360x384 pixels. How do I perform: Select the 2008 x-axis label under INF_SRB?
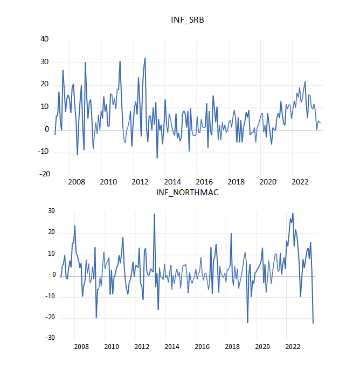(77, 182)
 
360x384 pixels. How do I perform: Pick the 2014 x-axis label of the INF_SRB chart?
(172, 182)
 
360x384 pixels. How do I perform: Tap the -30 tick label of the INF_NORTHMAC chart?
(50, 338)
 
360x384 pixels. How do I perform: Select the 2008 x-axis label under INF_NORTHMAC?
(81, 347)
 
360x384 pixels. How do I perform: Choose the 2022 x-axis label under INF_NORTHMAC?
(293, 347)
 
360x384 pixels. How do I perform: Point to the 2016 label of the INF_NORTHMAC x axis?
(202, 347)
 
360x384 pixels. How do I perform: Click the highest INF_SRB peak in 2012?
(145, 58)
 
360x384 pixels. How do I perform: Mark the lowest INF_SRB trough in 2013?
(157, 157)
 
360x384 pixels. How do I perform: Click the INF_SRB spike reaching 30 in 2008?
(85, 63)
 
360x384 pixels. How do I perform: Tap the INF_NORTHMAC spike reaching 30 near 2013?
(154, 214)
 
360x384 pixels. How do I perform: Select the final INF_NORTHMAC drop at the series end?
(313, 323)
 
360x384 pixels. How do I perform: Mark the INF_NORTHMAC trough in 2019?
(247, 323)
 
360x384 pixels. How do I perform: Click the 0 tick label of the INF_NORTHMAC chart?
(53, 275)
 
